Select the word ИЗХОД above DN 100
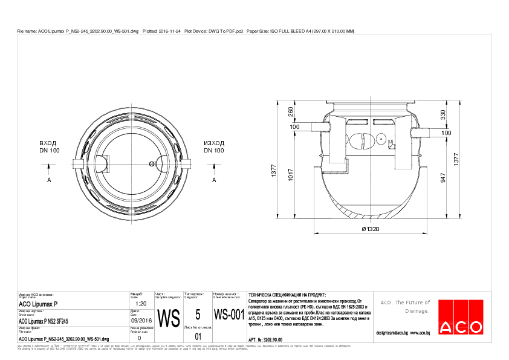(215, 143)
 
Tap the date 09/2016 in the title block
(140, 321)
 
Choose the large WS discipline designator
(169, 317)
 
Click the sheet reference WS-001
(229, 315)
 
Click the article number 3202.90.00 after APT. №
(271, 341)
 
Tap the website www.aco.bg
(420, 333)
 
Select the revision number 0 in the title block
(140, 338)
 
